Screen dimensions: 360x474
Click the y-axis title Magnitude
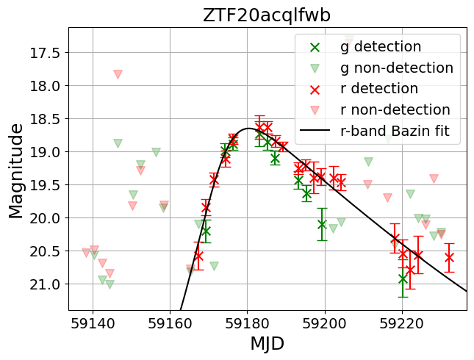[x=15, y=170]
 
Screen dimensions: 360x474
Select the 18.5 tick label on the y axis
[x=44, y=119]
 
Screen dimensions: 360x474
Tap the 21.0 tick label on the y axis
[x=44, y=284]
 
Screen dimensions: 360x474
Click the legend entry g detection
[x=380, y=47]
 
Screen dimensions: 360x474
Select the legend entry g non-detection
[x=396, y=68]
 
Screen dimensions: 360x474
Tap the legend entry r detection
[x=379, y=89]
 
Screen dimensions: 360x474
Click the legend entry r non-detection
[x=395, y=110]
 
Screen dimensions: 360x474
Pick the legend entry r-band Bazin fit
[x=399, y=132]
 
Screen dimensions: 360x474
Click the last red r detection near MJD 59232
[x=449, y=257]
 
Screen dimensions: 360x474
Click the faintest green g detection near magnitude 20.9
[x=403, y=278]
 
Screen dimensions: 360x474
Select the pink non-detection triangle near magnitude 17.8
[x=118, y=74]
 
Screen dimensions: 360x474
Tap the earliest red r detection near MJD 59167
[x=198, y=256]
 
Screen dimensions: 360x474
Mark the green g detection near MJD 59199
[x=322, y=224]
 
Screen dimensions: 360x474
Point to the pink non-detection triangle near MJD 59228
[x=434, y=179]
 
